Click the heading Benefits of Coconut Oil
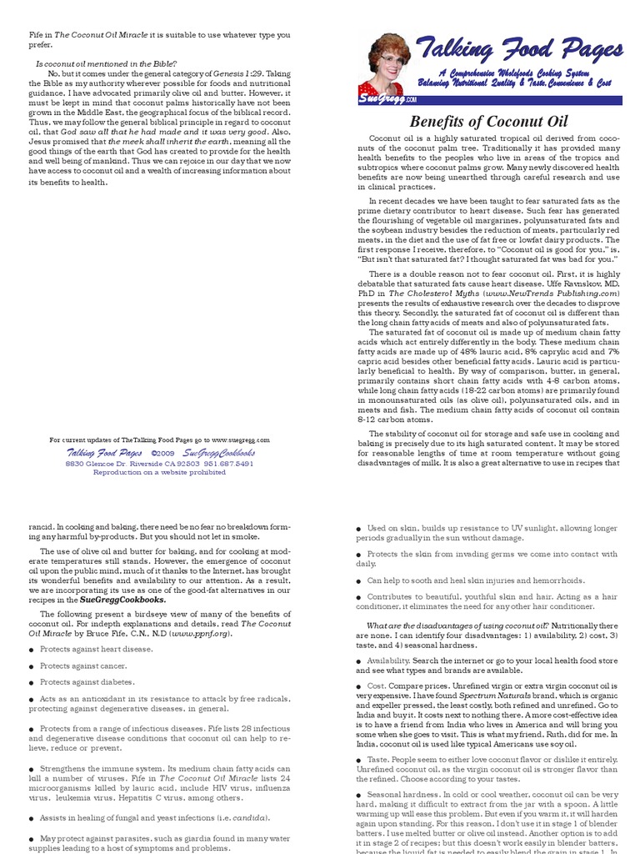488,122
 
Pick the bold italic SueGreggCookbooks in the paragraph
122,599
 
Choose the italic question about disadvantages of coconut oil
457,625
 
